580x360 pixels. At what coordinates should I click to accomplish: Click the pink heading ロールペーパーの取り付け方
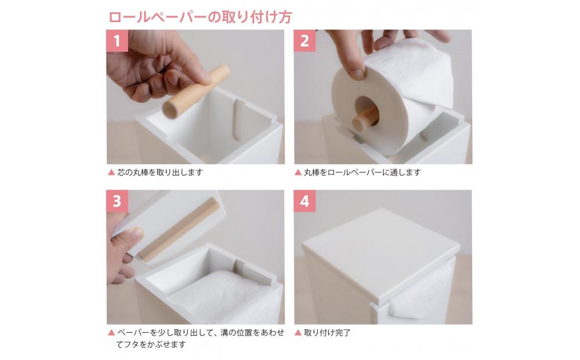click(200, 16)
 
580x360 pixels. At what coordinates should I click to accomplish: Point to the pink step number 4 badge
click(304, 201)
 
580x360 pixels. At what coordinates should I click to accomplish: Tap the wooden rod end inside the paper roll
click(364, 118)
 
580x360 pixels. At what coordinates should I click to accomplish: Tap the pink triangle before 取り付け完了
click(298, 333)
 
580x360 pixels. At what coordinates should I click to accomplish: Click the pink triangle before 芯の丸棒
click(111, 173)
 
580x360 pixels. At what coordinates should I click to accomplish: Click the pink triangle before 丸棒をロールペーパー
click(298, 173)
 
